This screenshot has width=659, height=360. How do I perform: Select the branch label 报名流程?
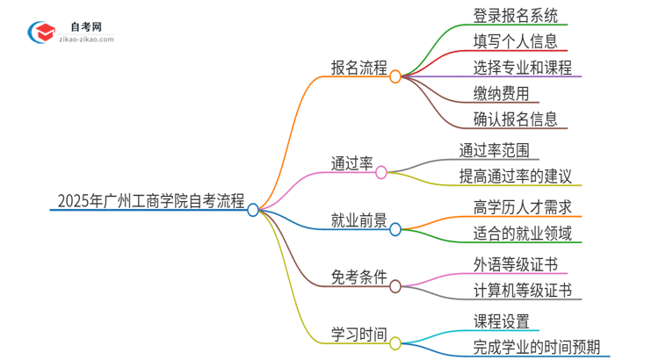click(x=358, y=68)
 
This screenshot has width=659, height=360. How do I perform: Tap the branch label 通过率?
click(x=352, y=163)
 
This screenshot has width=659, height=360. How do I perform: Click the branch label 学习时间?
click(x=358, y=334)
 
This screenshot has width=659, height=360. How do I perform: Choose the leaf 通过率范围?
click(x=494, y=149)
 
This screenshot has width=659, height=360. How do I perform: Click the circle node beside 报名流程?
click(x=395, y=76)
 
